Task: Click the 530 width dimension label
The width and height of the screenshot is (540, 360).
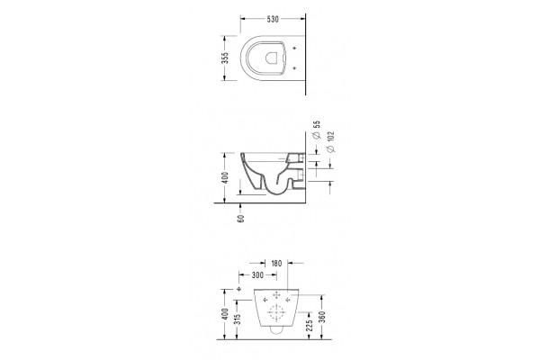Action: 273,19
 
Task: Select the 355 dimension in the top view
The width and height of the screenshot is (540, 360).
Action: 224,58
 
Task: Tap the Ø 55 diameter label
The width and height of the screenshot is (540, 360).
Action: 317,130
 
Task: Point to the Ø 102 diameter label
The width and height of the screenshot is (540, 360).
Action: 330,141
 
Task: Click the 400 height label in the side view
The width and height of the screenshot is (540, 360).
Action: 224,178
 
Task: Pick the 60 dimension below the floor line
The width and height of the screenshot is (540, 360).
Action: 240,219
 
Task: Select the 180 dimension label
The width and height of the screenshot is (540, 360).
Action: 276,264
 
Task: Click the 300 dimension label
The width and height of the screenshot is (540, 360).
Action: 257,274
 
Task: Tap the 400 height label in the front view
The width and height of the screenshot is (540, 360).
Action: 224,314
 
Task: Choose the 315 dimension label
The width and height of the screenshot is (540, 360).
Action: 238,319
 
